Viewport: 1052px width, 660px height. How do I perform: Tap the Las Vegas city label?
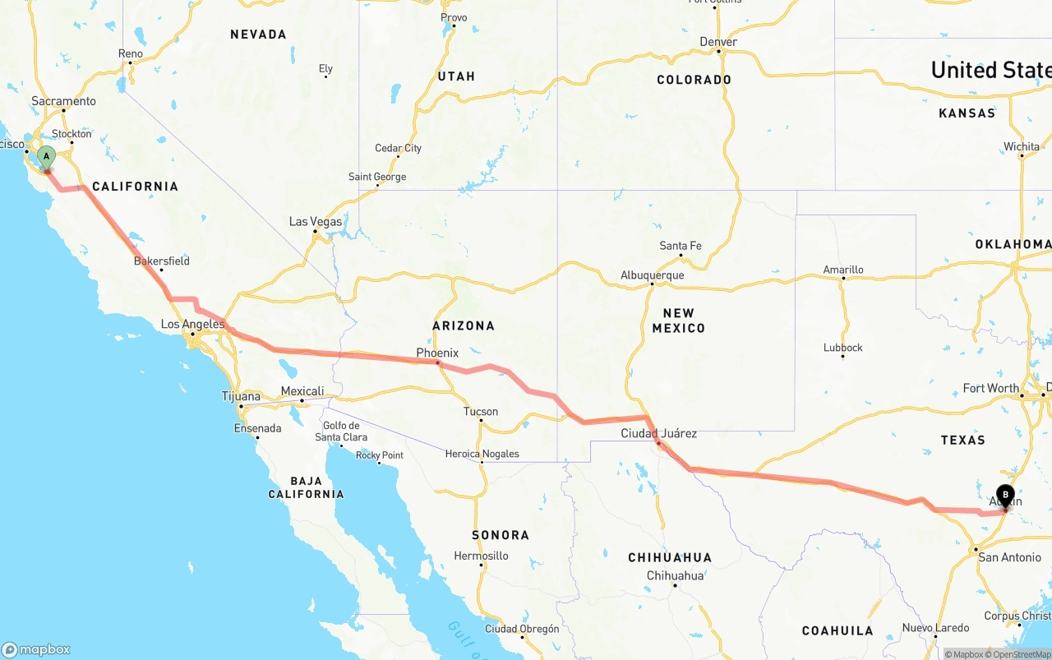pos(316,222)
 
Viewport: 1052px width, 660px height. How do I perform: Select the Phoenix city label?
pos(437,353)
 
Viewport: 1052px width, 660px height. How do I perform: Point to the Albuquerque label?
pos(652,275)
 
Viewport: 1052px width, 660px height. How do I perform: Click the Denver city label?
pos(718,42)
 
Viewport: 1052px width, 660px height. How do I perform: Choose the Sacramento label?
pos(63,101)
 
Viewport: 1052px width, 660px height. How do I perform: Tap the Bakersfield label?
pos(162,261)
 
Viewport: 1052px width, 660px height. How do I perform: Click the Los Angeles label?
pos(192,325)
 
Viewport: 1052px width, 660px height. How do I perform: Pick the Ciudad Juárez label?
pos(658,433)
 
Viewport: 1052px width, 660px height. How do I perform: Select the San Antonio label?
pos(1009,557)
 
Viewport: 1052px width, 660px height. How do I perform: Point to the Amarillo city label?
pos(843,270)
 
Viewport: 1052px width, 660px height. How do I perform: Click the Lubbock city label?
pos(843,348)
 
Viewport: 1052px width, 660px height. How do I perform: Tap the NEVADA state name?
pos(258,35)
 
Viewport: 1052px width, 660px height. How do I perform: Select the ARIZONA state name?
pos(464,325)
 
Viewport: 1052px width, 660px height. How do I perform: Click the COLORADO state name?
pos(694,80)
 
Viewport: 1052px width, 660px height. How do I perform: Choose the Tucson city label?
pos(480,412)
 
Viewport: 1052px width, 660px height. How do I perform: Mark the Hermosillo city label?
pos(481,556)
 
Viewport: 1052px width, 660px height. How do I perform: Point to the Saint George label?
pos(377,177)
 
